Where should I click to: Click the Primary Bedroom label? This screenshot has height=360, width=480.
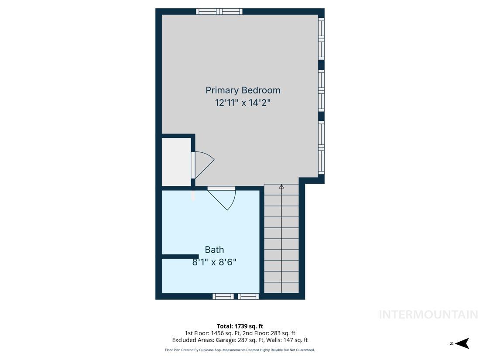pos(243,90)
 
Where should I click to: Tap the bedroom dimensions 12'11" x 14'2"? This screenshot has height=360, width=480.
pos(243,103)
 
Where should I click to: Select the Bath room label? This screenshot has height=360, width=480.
pos(214,250)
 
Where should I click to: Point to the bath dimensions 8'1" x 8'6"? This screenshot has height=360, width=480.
pos(214,262)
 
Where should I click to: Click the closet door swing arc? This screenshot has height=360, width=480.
pos(204,165)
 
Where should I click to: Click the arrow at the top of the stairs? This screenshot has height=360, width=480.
pos(281,187)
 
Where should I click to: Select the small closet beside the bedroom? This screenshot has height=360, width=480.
pos(176,162)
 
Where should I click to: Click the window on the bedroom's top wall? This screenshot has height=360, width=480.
pos(219,11)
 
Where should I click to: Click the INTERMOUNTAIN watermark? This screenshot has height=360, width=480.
pos(428,314)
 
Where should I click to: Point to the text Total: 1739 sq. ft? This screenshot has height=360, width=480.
pos(240,326)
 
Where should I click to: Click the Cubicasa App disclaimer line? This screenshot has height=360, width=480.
pos(240,350)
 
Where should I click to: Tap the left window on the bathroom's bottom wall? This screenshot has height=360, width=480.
pos(223,296)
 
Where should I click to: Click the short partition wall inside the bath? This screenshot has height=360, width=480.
pos(180,257)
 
